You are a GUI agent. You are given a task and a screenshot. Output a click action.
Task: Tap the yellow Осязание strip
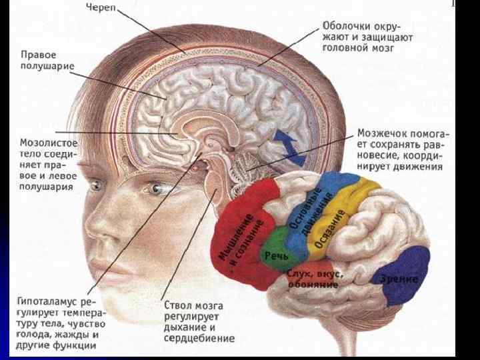pos(333,227)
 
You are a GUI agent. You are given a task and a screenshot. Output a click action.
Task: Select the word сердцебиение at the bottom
pos(199,338)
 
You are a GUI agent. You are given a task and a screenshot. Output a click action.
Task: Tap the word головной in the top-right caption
pos(340,49)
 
